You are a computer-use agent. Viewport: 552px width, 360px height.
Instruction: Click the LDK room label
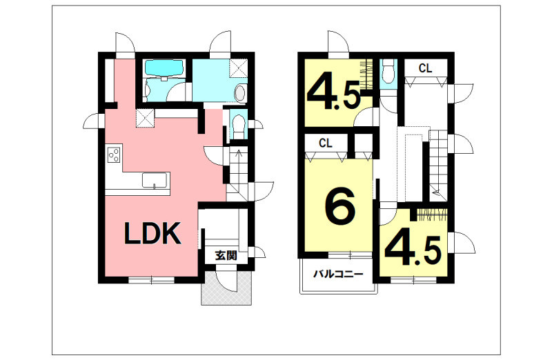click(x=152, y=233)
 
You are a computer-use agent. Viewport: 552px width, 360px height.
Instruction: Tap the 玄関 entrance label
click(x=226, y=256)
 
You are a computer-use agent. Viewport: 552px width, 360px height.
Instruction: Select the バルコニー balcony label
click(x=338, y=274)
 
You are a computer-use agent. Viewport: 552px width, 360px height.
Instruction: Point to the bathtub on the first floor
click(x=164, y=68)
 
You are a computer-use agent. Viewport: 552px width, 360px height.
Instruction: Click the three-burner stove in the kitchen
click(x=114, y=155)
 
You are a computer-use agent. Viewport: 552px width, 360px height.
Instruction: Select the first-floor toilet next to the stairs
click(x=238, y=125)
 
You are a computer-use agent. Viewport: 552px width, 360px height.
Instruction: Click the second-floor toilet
click(x=388, y=71)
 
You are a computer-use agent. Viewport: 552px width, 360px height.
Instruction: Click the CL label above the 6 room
click(x=326, y=143)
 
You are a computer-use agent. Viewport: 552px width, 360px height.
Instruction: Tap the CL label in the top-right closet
click(x=425, y=68)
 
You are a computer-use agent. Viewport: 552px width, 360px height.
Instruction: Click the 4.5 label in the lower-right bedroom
click(x=413, y=250)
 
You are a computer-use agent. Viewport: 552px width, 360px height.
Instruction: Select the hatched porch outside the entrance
click(x=227, y=288)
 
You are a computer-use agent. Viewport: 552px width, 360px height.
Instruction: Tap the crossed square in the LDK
click(x=145, y=118)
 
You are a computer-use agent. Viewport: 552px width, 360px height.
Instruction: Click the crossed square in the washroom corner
click(x=238, y=68)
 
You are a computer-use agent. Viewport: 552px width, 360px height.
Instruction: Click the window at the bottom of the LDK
click(x=151, y=280)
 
